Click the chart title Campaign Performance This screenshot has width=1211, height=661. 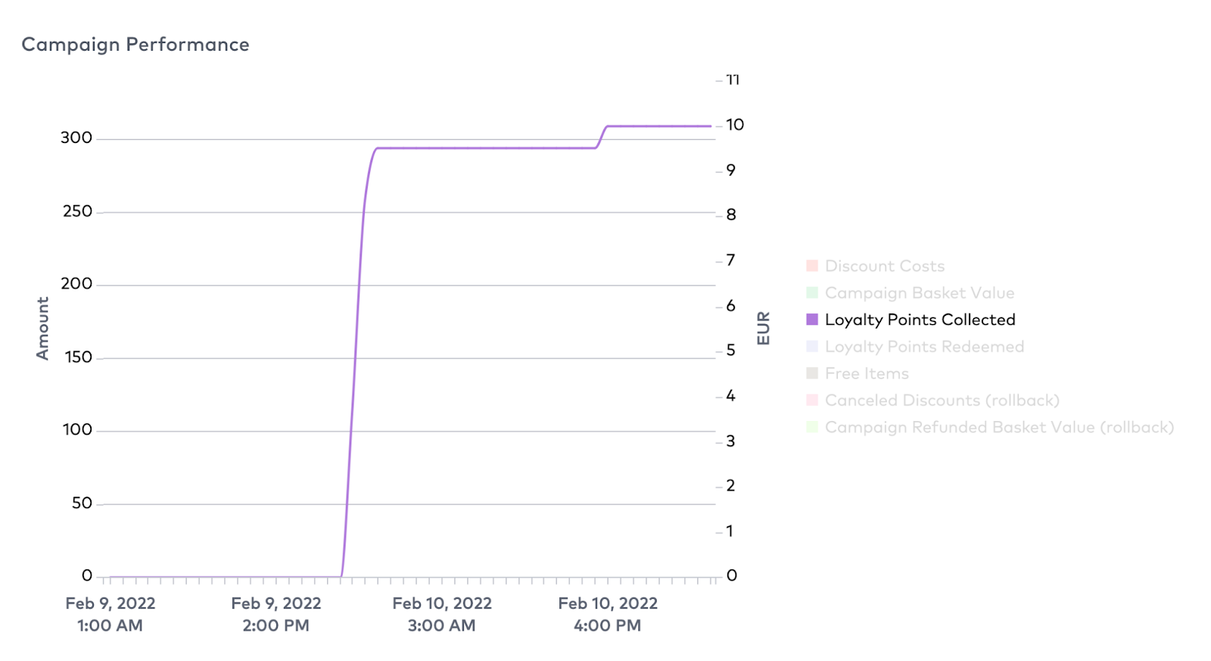pyautogui.click(x=135, y=45)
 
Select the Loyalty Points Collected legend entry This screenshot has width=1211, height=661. pyautogui.click(x=920, y=320)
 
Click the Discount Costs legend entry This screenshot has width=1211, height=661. pyautogui.click(x=884, y=266)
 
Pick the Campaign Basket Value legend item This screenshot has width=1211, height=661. pyautogui.click(x=919, y=293)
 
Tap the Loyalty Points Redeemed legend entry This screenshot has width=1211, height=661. pyautogui.click(x=924, y=347)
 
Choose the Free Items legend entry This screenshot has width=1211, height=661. pyautogui.click(x=867, y=373)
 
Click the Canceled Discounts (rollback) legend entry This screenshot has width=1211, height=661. pyautogui.click(x=942, y=401)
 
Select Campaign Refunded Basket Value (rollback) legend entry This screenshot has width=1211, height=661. pyautogui.click(x=999, y=427)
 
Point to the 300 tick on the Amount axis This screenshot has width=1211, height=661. pyautogui.click(x=76, y=138)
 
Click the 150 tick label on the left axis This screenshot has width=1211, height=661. pyautogui.click(x=78, y=357)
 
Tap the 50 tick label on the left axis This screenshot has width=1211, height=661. pyautogui.click(x=82, y=504)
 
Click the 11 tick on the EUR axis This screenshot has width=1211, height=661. pyautogui.click(x=733, y=80)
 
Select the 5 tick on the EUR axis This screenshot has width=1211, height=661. pyautogui.click(x=730, y=350)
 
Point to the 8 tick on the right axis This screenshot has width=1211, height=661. pyautogui.click(x=730, y=214)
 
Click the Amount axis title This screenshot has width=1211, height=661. pyautogui.click(x=42, y=328)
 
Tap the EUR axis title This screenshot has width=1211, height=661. pyautogui.click(x=763, y=328)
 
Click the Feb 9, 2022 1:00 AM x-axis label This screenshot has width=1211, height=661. pyautogui.click(x=111, y=614)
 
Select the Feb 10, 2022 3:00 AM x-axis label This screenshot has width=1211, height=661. pyautogui.click(x=442, y=614)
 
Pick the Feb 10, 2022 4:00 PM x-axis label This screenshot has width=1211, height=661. pyautogui.click(x=608, y=614)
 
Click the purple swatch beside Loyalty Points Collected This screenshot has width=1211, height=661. pyautogui.click(x=812, y=320)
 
